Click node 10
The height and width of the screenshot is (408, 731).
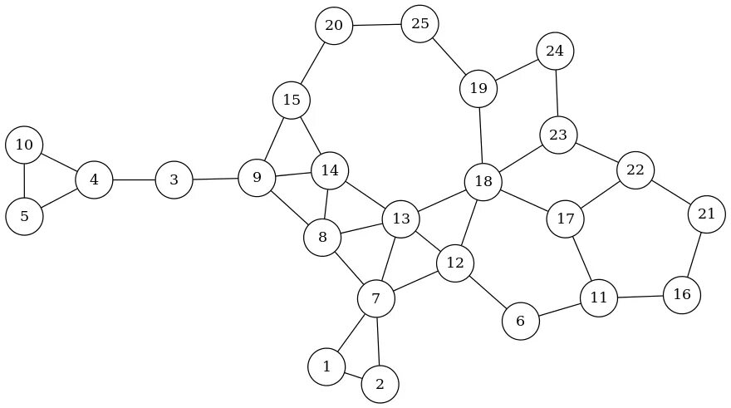24,145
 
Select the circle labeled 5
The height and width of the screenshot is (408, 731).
24,217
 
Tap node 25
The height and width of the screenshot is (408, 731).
420,23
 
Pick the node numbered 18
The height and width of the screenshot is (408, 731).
483,181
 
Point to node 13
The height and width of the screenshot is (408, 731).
401,219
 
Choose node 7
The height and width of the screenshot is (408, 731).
376,298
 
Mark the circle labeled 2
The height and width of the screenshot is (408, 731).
380,384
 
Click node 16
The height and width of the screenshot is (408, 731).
682,294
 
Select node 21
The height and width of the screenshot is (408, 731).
707,214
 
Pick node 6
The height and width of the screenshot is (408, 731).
521,322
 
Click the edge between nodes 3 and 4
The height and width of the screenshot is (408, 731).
134,179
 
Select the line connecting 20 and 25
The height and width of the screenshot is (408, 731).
377,25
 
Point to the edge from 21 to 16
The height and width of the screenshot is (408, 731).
694,254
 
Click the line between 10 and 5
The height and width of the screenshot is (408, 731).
24,181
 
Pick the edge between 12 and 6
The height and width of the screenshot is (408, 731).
488,292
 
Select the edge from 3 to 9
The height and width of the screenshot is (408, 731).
215,179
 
